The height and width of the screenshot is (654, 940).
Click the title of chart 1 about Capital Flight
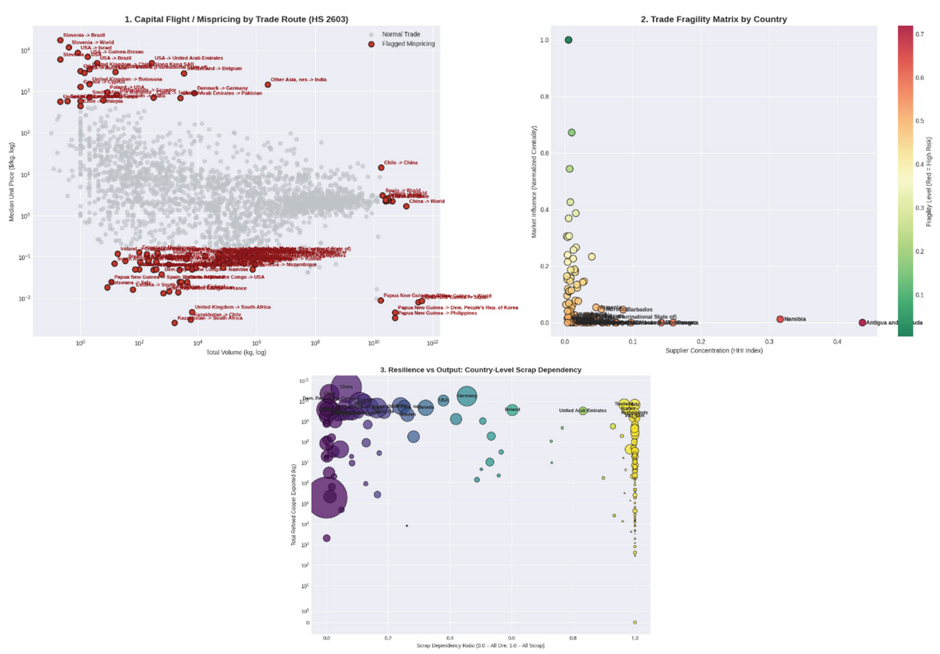click(236, 19)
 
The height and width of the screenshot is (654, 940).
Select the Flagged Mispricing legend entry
click(408, 44)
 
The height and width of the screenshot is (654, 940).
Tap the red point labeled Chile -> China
click(381, 167)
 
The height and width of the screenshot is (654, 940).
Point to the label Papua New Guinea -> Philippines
click(437, 313)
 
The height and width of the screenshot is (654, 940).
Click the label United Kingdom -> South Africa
click(232, 307)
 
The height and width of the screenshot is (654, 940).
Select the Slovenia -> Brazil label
click(84, 35)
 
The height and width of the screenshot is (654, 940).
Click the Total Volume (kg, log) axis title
click(236, 352)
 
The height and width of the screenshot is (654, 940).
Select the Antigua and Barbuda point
click(862, 323)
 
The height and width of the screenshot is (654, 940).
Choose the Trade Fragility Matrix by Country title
click(714, 19)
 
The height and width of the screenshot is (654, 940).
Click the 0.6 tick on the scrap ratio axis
click(511, 638)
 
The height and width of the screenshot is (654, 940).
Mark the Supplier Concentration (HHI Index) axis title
click(714, 350)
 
